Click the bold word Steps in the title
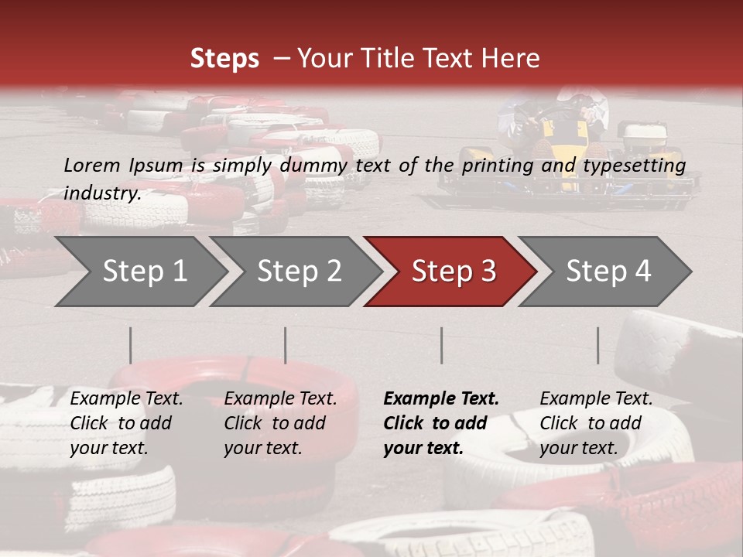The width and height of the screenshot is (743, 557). [x=224, y=59]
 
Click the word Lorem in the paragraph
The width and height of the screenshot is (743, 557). [x=92, y=165]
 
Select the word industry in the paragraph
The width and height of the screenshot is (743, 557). [x=101, y=193]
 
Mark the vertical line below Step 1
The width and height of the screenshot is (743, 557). [x=131, y=345]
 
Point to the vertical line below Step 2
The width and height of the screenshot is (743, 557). [x=286, y=345]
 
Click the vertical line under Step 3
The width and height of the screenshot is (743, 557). [x=442, y=345]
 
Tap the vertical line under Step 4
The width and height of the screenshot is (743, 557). [x=598, y=345]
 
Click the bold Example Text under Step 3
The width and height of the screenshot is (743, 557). [x=441, y=399]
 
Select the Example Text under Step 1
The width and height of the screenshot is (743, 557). [x=126, y=399]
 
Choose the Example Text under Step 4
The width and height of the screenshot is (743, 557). [x=596, y=399]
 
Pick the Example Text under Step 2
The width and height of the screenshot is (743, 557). [x=280, y=399]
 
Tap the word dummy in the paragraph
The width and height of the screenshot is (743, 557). [x=315, y=165]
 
